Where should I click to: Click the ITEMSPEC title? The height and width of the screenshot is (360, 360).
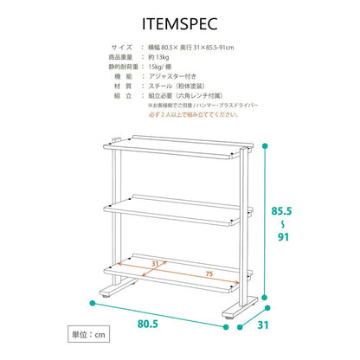click(180, 23)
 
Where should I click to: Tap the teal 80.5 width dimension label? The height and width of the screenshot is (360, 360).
click(148, 324)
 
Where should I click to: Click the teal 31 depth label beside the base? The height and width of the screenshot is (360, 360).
click(263, 325)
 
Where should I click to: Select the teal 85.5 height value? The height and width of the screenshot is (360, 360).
click(281, 211)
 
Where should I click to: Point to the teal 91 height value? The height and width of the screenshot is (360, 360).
click(283, 237)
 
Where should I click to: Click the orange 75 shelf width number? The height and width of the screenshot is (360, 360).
click(209, 273)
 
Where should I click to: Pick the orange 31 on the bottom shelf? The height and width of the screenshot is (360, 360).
click(155, 264)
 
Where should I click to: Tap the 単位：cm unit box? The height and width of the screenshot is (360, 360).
click(89, 334)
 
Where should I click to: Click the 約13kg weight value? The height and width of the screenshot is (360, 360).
click(158, 57)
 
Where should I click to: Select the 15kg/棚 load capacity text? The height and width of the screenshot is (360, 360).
click(160, 67)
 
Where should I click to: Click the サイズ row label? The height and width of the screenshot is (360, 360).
click(122, 48)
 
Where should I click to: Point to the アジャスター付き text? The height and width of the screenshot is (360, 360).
click(172, 76)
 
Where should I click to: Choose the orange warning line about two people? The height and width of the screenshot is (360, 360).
click(194, 114)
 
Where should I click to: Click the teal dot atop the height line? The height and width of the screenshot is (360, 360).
click(264, 146)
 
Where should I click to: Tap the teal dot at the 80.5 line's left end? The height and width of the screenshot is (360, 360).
click(93, 303)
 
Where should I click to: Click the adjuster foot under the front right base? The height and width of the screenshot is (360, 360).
click(228, 318)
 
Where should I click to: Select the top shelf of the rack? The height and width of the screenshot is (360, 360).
click(178, 147)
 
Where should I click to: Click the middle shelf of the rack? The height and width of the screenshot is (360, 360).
click(178, 210)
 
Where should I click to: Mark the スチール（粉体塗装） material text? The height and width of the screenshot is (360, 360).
click(177, 86)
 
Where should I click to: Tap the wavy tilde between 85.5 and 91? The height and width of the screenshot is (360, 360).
click(283, 224)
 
